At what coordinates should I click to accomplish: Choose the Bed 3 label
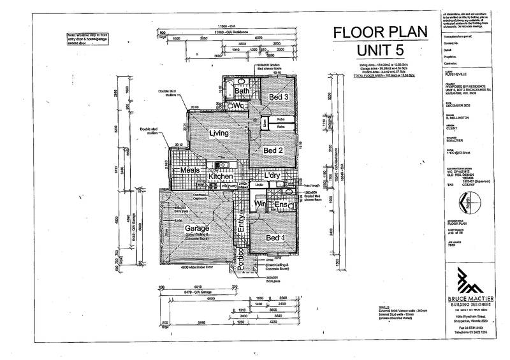point(278,96)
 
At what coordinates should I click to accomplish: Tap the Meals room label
point(191,171)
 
